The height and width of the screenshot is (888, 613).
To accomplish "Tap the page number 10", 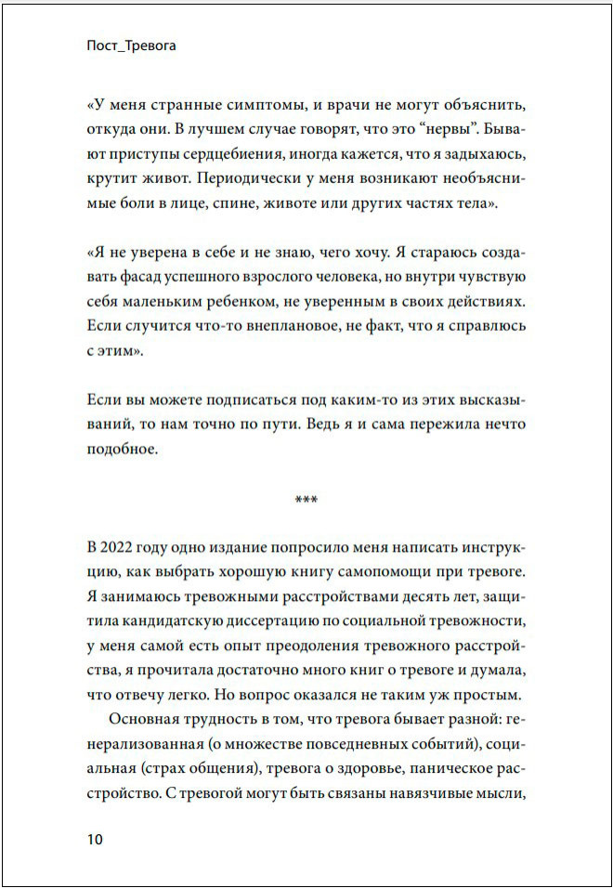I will pyautogui.click(x=94, y=839).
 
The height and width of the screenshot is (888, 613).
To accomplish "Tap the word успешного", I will pyautogui.click(x=212, y=276).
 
